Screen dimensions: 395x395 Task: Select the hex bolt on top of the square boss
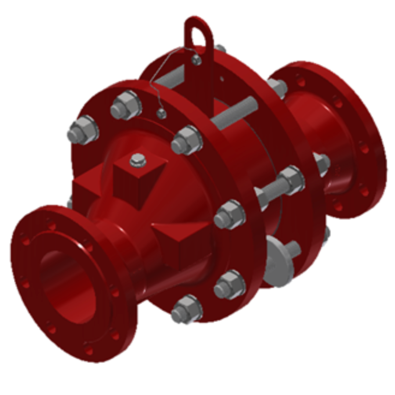pos(138,161)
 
